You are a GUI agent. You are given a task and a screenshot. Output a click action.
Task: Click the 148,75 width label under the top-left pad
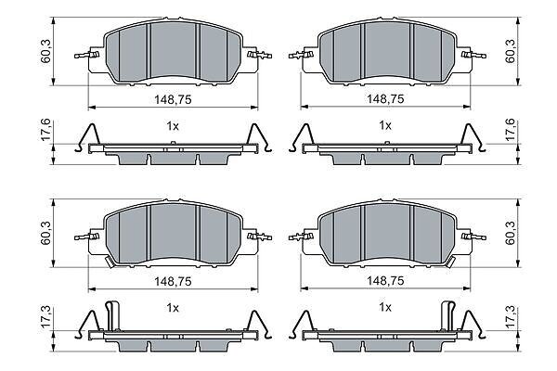tap(173, 100)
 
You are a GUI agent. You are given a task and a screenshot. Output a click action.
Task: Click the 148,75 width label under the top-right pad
tap(385, 99)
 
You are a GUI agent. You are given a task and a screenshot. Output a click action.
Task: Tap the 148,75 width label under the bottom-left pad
tap(173, 282)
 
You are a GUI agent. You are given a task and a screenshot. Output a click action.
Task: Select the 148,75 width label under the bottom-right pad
tap(385, 281)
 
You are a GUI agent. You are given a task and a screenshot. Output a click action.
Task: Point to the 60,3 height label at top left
tap(46, 51)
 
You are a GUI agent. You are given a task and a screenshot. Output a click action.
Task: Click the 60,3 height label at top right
tap(511, 51)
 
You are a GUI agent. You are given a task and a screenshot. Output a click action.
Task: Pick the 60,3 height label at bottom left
tap(46, 233)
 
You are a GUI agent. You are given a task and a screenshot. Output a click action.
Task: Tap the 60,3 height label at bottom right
tap(511, 233)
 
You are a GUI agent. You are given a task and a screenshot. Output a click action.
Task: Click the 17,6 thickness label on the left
tap(46, 131)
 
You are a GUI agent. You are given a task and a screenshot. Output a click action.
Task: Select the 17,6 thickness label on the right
tap(511, 130)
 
